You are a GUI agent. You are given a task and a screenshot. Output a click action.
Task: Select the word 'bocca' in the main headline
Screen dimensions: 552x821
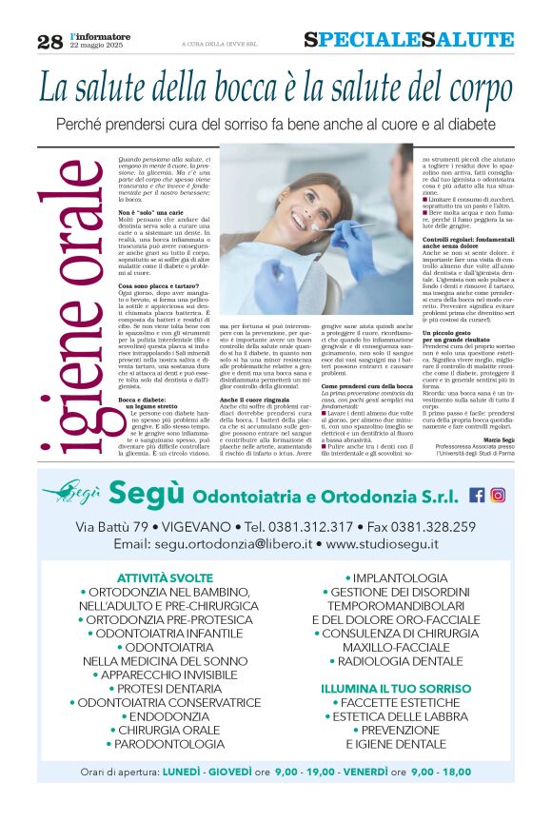coord(234,88)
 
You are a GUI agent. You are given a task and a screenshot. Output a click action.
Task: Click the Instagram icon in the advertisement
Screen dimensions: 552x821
coord(498,495)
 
